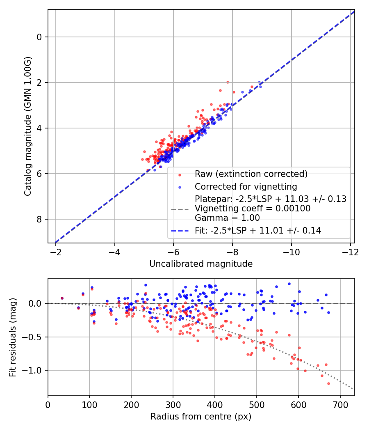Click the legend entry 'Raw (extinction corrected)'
click(x=251, y=174)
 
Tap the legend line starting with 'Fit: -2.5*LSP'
click(x=257, y=231)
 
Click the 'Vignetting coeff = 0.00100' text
click(x=253, y=209)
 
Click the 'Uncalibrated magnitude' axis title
click(x=201, y=264)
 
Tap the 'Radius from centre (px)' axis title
click(x=201, y=417)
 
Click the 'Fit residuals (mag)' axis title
click(x=13, y=337)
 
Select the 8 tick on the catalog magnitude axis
click(x=39, y=219)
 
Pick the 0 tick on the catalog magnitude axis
click(x=39, y=37)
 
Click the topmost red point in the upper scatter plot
click(x=228, y=82)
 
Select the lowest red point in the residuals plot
click(x=328, y=383)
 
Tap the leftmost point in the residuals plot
click(x=62, y=298)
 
